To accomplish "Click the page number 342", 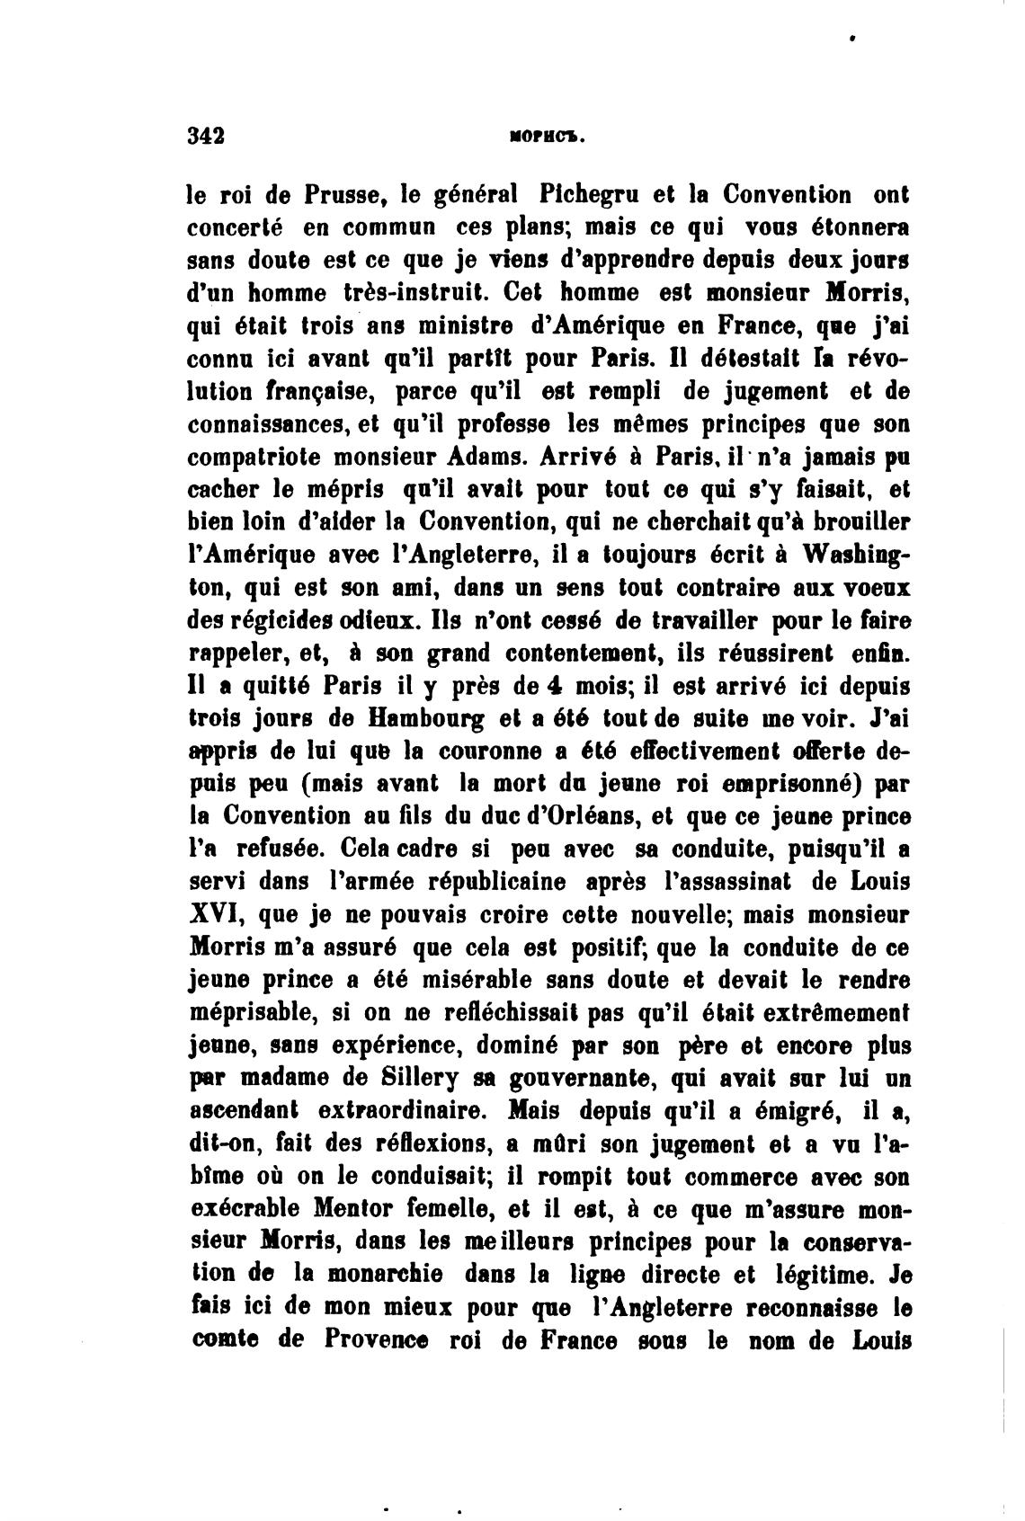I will coord(205,136).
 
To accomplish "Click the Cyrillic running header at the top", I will coord(547,138).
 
